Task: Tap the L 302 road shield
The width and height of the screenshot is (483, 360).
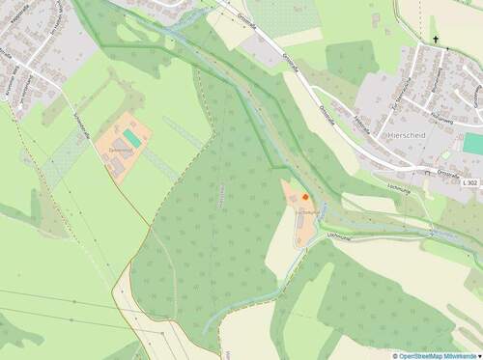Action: point(469,182)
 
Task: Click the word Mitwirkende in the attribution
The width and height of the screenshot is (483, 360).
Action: point(458,355)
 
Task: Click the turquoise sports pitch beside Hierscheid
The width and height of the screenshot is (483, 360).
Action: point(473,144)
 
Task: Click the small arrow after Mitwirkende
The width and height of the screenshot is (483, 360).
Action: point(479,355)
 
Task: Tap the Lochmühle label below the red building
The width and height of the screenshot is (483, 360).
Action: point(306,210)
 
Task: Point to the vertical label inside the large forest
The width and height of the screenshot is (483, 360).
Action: point(223,194)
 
